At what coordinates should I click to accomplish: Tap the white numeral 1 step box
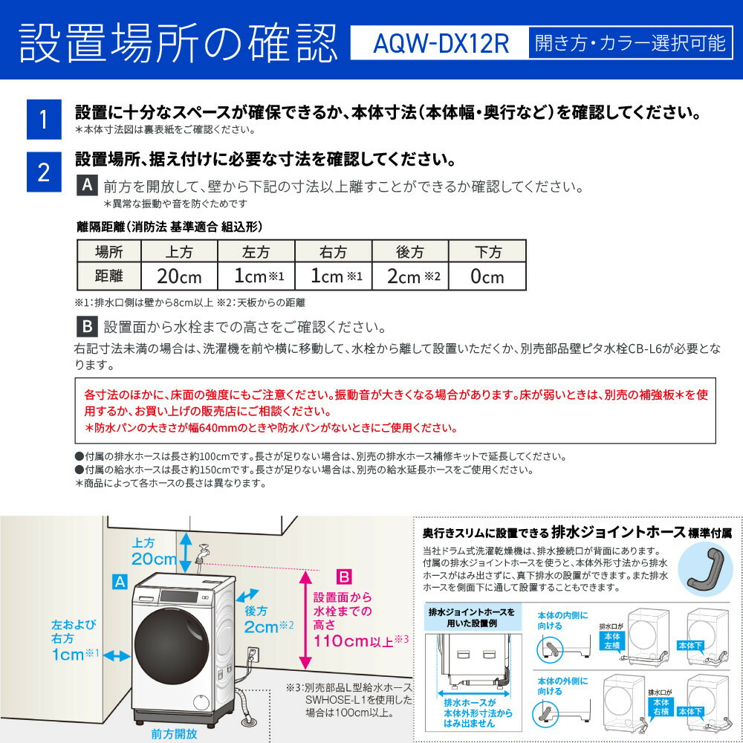(43, 120)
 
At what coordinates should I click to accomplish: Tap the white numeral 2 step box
(43, 173)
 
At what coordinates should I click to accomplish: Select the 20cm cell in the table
(179, 276)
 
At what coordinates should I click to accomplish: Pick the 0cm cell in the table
(487, 276)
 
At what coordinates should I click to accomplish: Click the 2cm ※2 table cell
(410, 276)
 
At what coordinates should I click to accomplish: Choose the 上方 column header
(179, 252)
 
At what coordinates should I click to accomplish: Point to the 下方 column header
(487, 252)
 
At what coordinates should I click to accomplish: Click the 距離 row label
(109, 276)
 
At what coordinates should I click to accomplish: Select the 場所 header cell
(109, 252)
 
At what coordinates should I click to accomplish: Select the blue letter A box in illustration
(119, 582)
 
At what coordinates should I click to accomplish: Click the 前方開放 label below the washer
(174, 734)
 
